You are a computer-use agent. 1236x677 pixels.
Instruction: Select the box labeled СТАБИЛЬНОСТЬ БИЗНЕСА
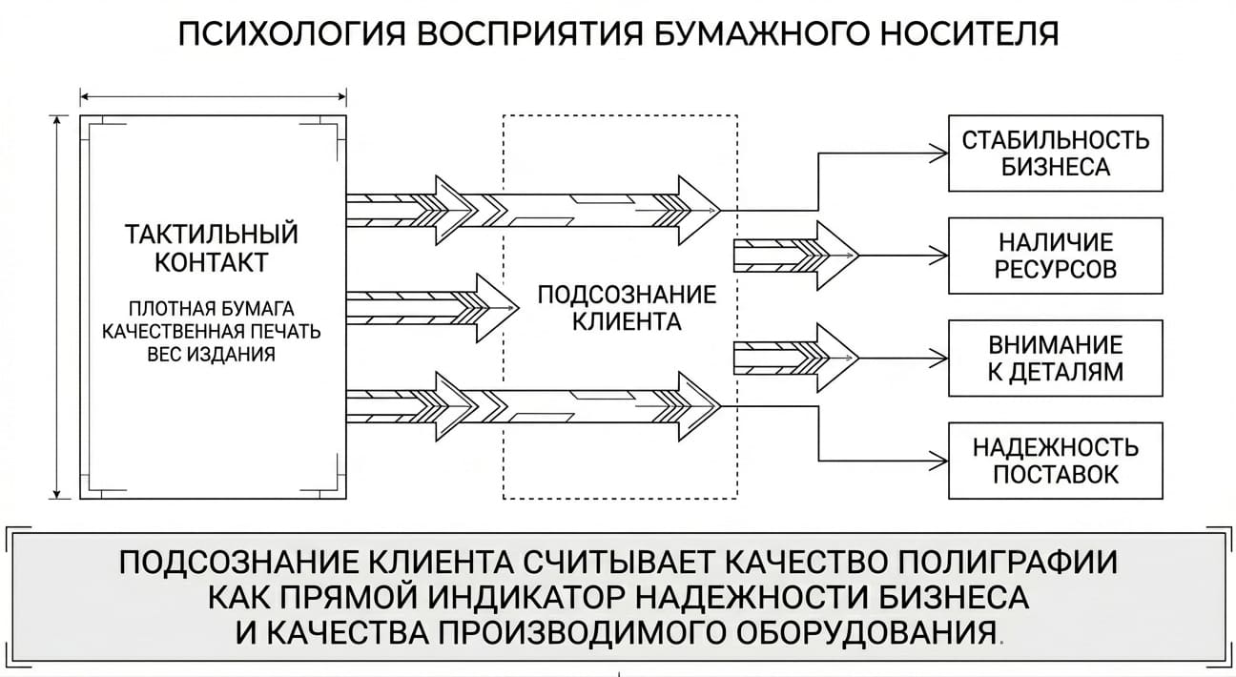point(1056,154)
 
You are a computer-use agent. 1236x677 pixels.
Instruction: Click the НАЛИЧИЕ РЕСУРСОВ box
point(1056,256)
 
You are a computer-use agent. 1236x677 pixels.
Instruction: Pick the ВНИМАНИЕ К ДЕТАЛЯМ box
point(1056,359)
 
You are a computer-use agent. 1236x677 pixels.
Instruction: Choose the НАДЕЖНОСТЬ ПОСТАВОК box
point(1056,461)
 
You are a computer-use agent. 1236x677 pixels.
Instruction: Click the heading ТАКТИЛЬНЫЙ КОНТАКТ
point(212,248)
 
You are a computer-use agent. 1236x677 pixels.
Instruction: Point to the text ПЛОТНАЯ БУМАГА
point(212,308)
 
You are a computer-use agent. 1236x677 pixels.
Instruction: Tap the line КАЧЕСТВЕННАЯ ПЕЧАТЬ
point(212,332)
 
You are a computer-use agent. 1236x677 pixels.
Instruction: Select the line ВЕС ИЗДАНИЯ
point(212,354)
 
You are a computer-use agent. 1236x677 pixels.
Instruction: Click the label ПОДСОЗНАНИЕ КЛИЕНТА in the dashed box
point(627,308)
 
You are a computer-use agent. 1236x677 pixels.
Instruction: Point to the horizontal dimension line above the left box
point(213,97)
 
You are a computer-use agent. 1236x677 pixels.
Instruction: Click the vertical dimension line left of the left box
point(56,307)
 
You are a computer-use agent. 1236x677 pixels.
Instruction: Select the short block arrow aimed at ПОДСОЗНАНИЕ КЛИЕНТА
point(433,308)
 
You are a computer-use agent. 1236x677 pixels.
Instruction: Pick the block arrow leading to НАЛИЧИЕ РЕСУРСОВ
point(796,256)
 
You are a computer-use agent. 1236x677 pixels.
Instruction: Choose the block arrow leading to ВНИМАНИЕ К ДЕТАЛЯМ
point(796,359)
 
